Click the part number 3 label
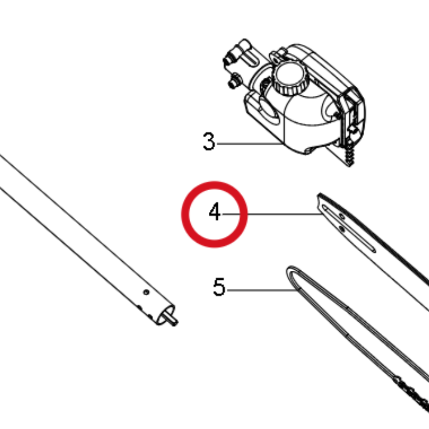pos(209,141)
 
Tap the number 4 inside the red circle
pos(214,211)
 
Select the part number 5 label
pos(219,287)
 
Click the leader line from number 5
pos(262,290)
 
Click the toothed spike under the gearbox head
pos(349,154)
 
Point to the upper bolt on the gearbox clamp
pos(229,59)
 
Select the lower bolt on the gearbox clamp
pos(235,82)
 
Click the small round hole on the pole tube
pos(146,292)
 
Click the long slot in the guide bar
pos(349,228)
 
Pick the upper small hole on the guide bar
pos(342,216)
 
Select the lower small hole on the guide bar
pos(341,228)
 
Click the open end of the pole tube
pos(165,315)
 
